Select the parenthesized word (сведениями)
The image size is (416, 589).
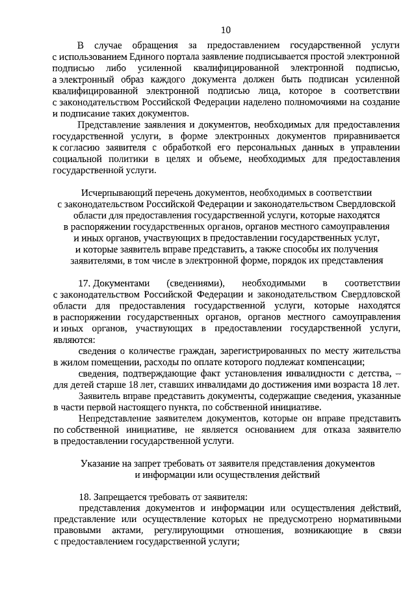196,284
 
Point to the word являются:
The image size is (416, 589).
73,340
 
